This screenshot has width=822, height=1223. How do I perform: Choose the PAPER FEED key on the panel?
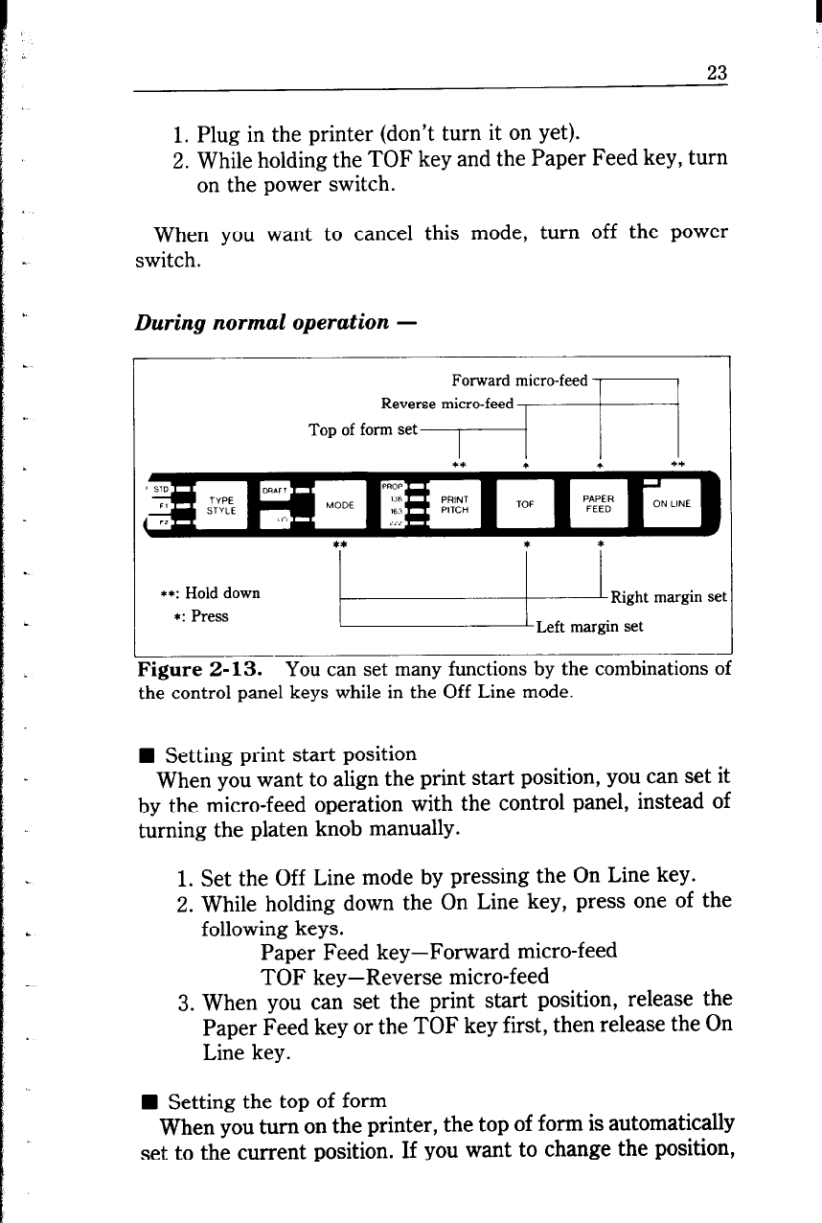[x=598, y=504]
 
